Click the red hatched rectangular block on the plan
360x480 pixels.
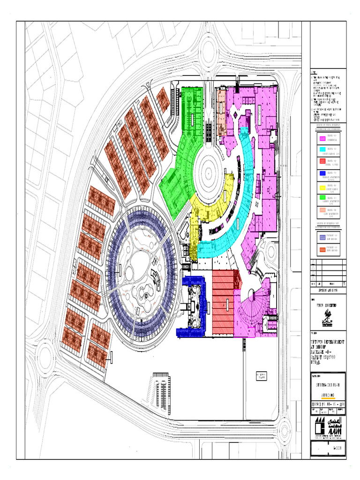pyautogui.click(x=223, y=302)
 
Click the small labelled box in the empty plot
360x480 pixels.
pyautogui.click(x=261, y=376)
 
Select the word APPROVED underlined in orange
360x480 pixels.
pyautogui.click(x=327, y=395)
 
